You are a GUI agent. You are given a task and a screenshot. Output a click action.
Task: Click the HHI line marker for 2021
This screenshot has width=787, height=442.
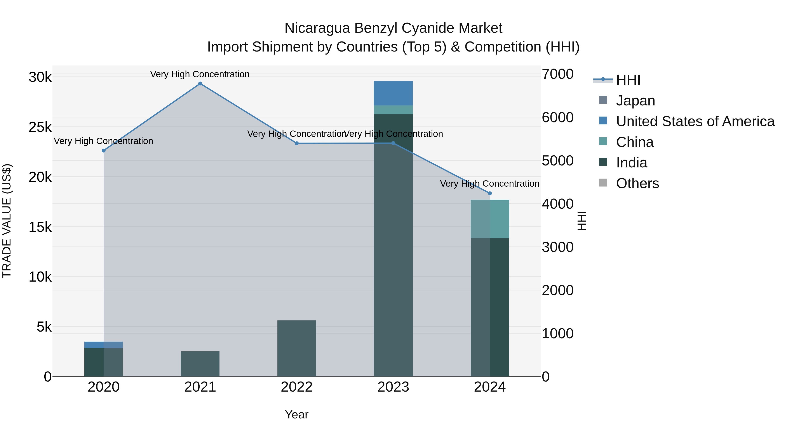(x=200, y=84)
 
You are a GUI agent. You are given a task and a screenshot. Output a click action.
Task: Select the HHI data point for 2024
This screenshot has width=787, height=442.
(x=490, y=193)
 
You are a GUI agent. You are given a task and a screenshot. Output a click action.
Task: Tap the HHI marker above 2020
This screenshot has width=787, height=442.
(x=104, y=151)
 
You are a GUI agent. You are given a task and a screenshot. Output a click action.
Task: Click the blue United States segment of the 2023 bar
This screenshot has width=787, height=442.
(x=393, y=93)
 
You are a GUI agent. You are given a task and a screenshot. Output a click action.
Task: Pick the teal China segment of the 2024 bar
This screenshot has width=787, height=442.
(x=490, y=219)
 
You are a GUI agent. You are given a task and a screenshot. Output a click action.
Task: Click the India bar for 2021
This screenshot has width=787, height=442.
(x=200, y=364)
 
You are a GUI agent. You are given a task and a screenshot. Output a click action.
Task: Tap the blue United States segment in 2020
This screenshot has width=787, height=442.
(x=104, y=345)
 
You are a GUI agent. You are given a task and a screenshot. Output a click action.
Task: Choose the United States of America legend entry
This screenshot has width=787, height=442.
(x=695, y=121)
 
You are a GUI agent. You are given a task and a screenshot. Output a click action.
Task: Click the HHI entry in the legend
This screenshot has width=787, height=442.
(x=628, y=80)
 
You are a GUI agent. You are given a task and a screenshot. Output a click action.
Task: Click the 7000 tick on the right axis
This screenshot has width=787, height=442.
(x=557, y=74)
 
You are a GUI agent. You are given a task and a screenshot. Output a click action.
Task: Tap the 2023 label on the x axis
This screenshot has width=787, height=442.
(x=393, y=387)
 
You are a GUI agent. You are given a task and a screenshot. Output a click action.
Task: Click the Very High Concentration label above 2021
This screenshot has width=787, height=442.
(x=200, y=74)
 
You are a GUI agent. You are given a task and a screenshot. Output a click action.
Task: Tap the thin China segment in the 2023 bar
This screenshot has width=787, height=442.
(x=393, y=110)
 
